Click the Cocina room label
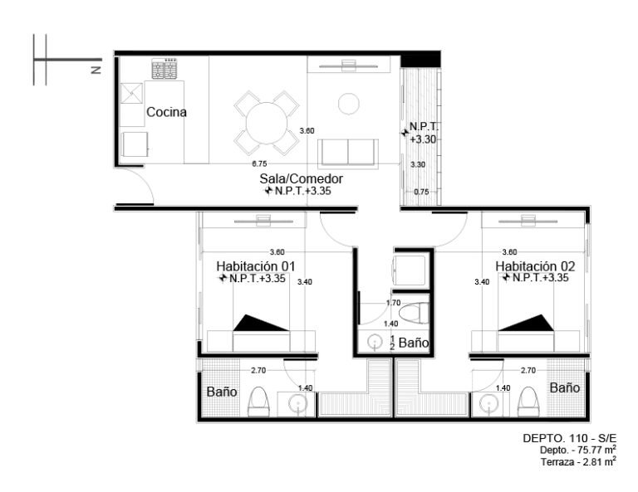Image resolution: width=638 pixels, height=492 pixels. click(166, 112)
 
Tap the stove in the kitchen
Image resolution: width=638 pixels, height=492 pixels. click(164, 69)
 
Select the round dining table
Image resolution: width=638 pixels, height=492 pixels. click(267, 123)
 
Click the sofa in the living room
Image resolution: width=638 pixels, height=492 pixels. click(348, 153)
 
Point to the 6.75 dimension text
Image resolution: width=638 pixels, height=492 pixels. click(259, 163)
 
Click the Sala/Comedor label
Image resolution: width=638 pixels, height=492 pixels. click(301, 178)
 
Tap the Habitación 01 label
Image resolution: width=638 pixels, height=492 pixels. click(256, 266)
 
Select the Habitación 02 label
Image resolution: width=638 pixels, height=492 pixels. click(535, 266)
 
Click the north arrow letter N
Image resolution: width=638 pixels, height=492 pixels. click(96, 70)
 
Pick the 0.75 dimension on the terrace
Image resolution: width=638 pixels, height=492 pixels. click(421, 192)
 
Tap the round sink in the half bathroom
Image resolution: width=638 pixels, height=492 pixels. click(375, 343)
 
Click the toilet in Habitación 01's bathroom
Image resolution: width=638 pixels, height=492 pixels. click(259, 402)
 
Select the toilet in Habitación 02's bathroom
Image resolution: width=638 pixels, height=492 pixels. click(528, 402)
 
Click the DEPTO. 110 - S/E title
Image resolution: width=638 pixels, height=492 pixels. click(570, 438)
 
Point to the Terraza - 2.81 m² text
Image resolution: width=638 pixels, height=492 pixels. click(578, 461)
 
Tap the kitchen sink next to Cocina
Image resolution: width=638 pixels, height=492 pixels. click(131, 93)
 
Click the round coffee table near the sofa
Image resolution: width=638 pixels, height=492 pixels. click(349, 104)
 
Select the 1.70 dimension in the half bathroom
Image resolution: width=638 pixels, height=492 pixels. click(394, 303)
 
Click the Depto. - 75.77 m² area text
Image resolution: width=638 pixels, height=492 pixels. click(578, 450)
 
